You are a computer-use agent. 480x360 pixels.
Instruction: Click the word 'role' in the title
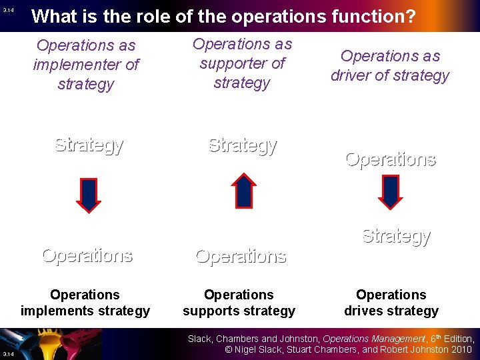(x=125, y=16)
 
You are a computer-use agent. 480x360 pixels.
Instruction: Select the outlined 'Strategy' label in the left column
(x=89, y=145)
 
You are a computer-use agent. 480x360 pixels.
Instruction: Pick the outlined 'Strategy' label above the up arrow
(x=243, y=145)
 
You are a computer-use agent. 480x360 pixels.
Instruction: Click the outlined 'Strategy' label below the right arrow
(x=396, y=235)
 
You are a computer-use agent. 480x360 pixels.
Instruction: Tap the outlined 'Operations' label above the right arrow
(x=390, y=159)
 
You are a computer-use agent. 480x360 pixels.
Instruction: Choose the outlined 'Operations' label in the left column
(x=87, y=255)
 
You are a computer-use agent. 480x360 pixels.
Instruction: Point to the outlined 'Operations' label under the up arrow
(x=241, y=256)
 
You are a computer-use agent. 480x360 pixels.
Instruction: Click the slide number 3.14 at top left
(x=8, y=11)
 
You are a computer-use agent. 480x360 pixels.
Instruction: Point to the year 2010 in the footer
(x=460, y=349)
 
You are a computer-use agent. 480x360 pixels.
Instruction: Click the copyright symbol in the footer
(x=229, y=349)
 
